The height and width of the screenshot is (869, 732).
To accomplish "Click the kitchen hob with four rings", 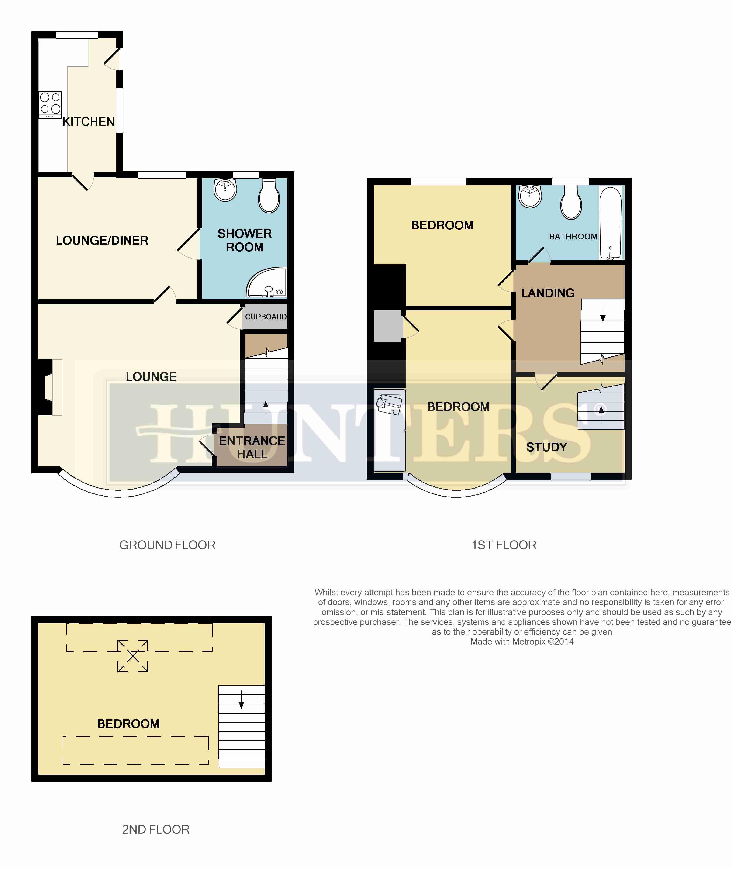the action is point(50,105).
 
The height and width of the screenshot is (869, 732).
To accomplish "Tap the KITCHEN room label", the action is point(88,122).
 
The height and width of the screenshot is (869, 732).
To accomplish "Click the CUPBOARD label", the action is point(266,317).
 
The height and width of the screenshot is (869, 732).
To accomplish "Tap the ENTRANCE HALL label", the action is point(252,447).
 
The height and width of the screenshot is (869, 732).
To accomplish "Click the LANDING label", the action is point(548,293).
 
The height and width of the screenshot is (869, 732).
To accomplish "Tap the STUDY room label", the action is point(546,447).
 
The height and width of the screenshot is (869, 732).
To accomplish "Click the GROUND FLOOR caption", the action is point(167,545).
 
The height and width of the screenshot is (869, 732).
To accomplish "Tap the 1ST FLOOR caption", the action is point(504,545).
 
